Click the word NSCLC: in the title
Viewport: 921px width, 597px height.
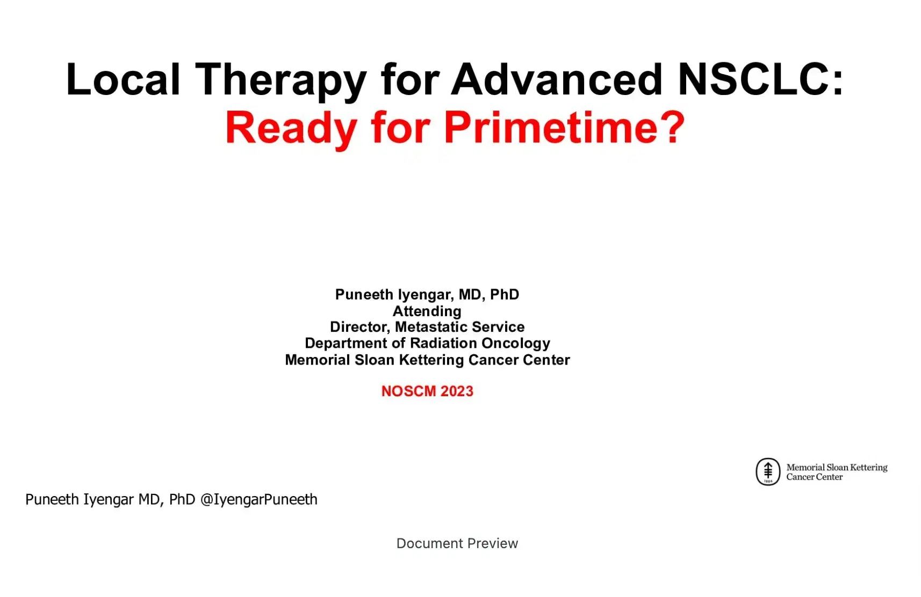click(x=760, y=79)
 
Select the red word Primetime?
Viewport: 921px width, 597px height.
click(x=564, y=128)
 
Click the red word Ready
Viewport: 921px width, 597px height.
click(x=291, y=128)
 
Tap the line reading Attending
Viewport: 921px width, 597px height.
click(x=427, y=311)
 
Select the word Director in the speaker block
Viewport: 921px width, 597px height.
click(x=359, y=327)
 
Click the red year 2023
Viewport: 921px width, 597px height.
click(x=457, y=391)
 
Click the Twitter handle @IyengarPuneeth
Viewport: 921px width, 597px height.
click(x=258, y=500)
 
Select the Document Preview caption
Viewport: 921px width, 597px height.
click(x=457, y=543)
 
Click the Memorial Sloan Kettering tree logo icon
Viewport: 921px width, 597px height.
click(x=768, y=472)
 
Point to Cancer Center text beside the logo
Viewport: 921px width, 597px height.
click(x=814, y=477)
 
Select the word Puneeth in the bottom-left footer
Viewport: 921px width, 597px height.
click(x=52, y=500)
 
